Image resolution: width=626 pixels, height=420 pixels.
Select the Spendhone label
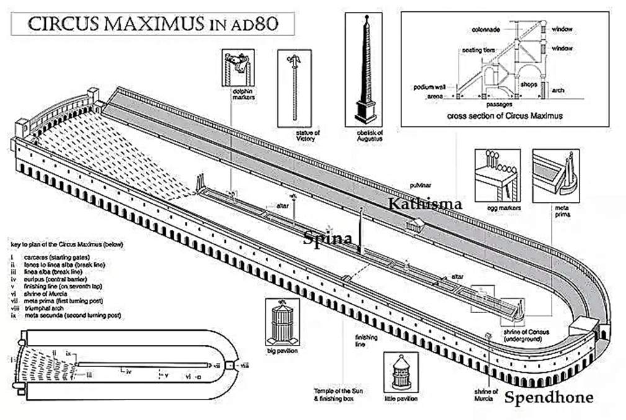pos(548,398)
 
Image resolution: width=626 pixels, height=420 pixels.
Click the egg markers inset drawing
pos(497,175)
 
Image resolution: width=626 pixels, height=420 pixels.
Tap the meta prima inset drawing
pos(555,175)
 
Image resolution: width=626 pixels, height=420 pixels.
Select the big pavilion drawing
pos(282,321)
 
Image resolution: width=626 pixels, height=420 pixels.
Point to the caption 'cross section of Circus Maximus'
pos(504,116)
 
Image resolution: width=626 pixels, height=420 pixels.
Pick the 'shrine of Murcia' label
pos(486,395)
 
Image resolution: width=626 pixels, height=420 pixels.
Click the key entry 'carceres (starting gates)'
pos(55,256)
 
